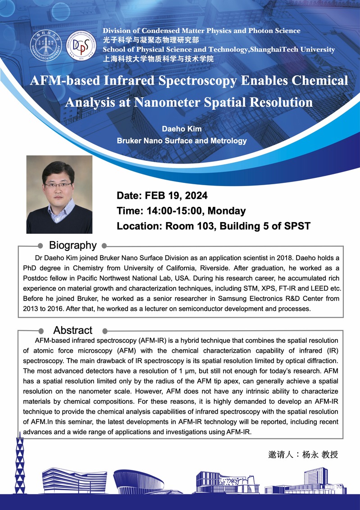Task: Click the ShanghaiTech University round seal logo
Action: (46, 45)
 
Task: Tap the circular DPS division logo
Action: (81, 46)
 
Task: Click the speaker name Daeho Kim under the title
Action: (182, 129)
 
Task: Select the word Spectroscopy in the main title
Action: (196, 81)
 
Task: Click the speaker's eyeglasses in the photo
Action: (58, 185)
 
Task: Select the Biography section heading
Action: (73, 245)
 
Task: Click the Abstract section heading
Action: (73, 330)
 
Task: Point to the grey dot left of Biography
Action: (41, 246)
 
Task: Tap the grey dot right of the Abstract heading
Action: (105, 331)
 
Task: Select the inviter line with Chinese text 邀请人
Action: (303, 455)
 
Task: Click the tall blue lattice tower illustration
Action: (20, 464)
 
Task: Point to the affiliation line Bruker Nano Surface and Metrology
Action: (182, 141)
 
